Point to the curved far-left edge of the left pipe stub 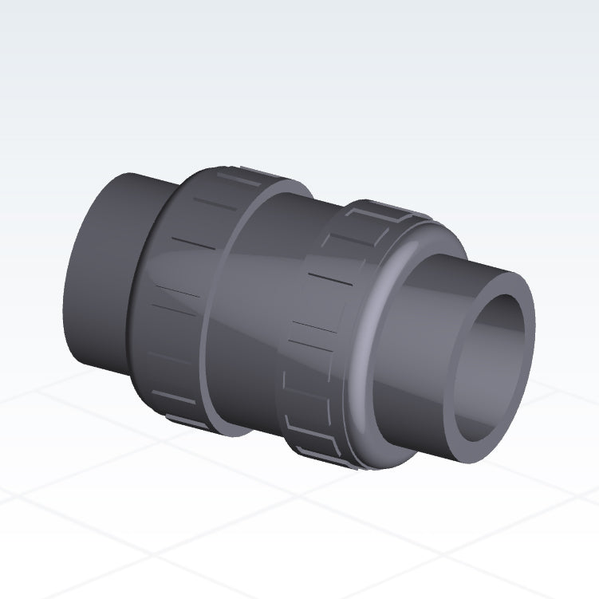point(67,279)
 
